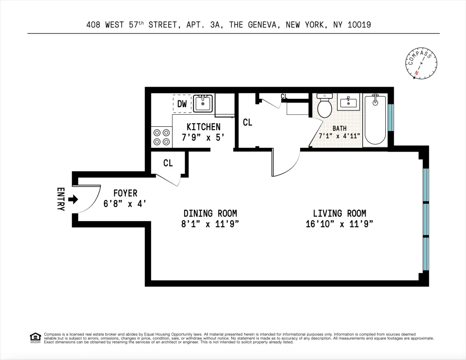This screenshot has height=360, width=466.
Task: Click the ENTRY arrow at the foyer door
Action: click(x=73, y=199)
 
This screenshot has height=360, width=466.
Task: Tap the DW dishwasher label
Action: click(x=182, y=104)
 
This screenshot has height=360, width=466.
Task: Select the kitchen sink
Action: click(x=203, y=103)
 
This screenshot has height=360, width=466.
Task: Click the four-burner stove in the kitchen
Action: click(x=162, y=137)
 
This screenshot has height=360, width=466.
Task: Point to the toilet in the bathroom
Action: click(x=324, y=105)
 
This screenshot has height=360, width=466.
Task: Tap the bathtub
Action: click(x=375, y=119)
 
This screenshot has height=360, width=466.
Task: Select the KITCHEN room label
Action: click(x=204, y=127)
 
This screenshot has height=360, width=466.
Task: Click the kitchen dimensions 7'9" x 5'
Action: click(x=203, y=138)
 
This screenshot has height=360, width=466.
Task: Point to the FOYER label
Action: click(x=125, y=194)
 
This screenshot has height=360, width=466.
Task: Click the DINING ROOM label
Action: click(x=210, y=214)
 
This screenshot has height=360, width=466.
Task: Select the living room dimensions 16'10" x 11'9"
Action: click(x=339, y=224)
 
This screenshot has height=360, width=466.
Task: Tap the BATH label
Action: click(x=339, y=128)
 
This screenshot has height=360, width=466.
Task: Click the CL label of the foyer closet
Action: click(x=168, y=163)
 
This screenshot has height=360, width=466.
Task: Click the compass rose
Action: click(x=421, y=63)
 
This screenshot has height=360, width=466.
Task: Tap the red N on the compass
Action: click(x=417, y=73)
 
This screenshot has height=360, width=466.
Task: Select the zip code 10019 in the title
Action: click(x=359, y=25)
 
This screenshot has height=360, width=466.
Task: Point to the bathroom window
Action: click(x=391, y=117)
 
